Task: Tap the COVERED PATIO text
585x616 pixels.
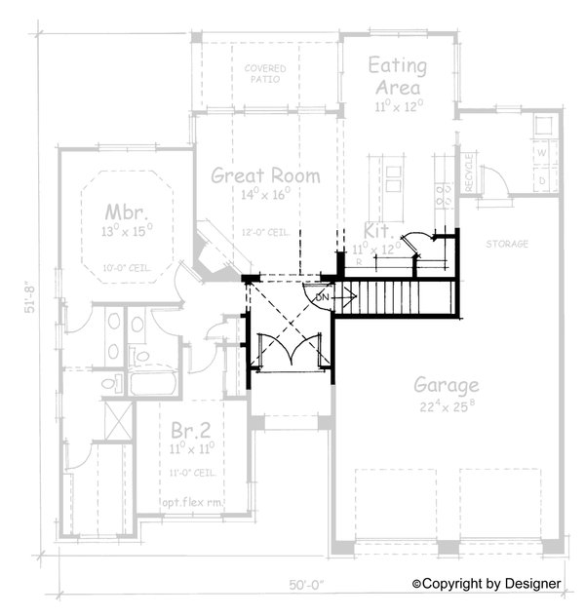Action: pyautogui.click(x=265, y=74)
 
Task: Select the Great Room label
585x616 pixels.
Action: pyautogui.click(x=265, y=176)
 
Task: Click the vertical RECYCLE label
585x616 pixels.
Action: pyautogui.click(x=468, y=172)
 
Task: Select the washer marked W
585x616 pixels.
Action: pyautogui.click(x=541, y=152)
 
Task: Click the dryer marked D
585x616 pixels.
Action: pyautogui.click(x=541, y=180)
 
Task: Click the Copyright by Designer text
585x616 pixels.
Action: pyautogui.click(x=487, y=583)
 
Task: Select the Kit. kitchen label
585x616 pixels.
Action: pyautogui.click(x=376, y=231)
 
